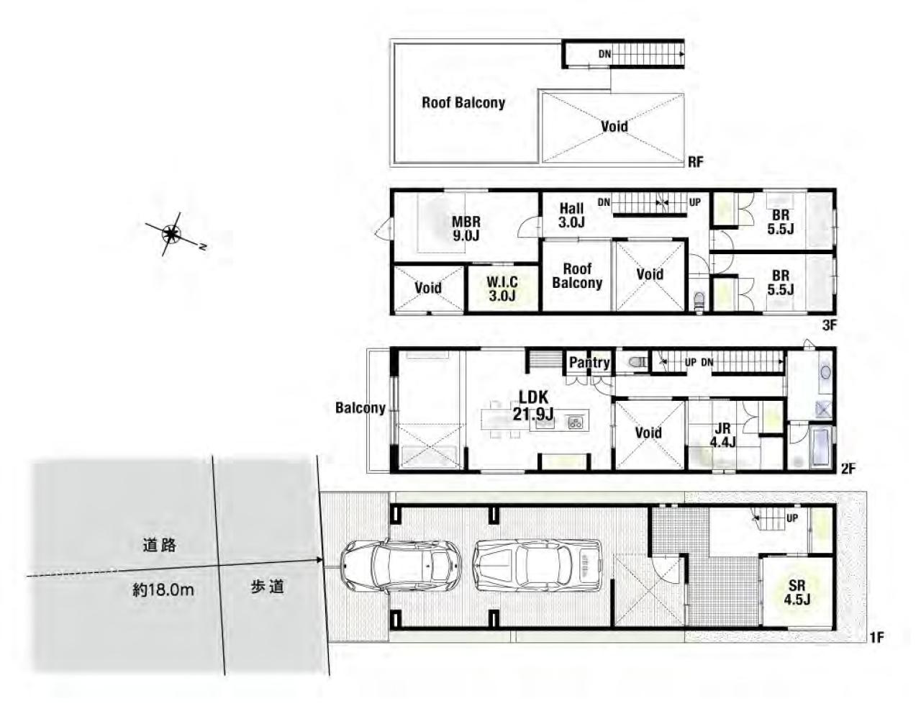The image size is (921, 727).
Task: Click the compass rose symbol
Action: click(172, 234)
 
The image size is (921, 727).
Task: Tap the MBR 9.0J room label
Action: click(466, 229)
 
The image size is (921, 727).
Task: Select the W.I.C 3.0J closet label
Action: click(502, 289)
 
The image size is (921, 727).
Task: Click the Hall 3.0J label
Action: click(571, 215)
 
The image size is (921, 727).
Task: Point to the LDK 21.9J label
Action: click(533, 405)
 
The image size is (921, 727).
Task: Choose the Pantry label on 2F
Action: click(589, 363)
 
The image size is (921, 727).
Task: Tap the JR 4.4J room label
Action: click(723, 435)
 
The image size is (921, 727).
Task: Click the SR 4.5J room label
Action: click(797, 592)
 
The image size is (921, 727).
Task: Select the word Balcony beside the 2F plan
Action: click(360, 407)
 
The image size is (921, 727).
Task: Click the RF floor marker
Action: click(696, 162)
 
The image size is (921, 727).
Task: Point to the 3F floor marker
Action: click(829, 325)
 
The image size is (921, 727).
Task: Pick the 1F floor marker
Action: click(876, 638)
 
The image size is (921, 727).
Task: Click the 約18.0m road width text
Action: click(163, 590)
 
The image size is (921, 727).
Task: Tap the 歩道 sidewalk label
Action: click(267, 587)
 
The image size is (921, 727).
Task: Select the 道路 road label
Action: click(159, 546)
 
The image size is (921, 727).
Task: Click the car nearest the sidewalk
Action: click(400, 566)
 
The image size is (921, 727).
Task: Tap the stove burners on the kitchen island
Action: click(575, 423)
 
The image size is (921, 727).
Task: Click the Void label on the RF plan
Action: click(614, 126)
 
